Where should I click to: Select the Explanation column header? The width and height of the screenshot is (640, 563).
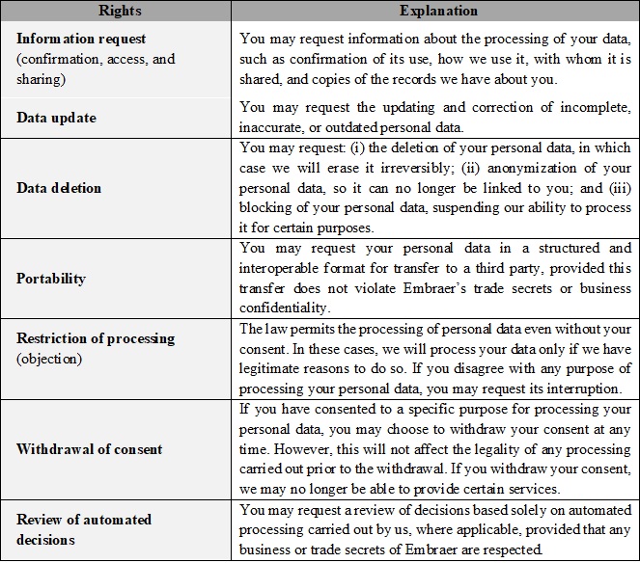(x=435, y=10)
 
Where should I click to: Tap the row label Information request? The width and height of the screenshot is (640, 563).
(x=82, y=40)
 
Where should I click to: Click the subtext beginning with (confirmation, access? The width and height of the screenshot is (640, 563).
(x=96, y=58)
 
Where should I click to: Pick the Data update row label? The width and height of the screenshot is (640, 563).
(x=56, y=118)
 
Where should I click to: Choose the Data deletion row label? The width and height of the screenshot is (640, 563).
(x=59, y=187)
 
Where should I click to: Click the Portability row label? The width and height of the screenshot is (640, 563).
(x=51, y=279)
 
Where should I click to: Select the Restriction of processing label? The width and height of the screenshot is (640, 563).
(x=96, y=338)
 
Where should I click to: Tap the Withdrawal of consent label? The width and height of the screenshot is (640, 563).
(x=90, y=449)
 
